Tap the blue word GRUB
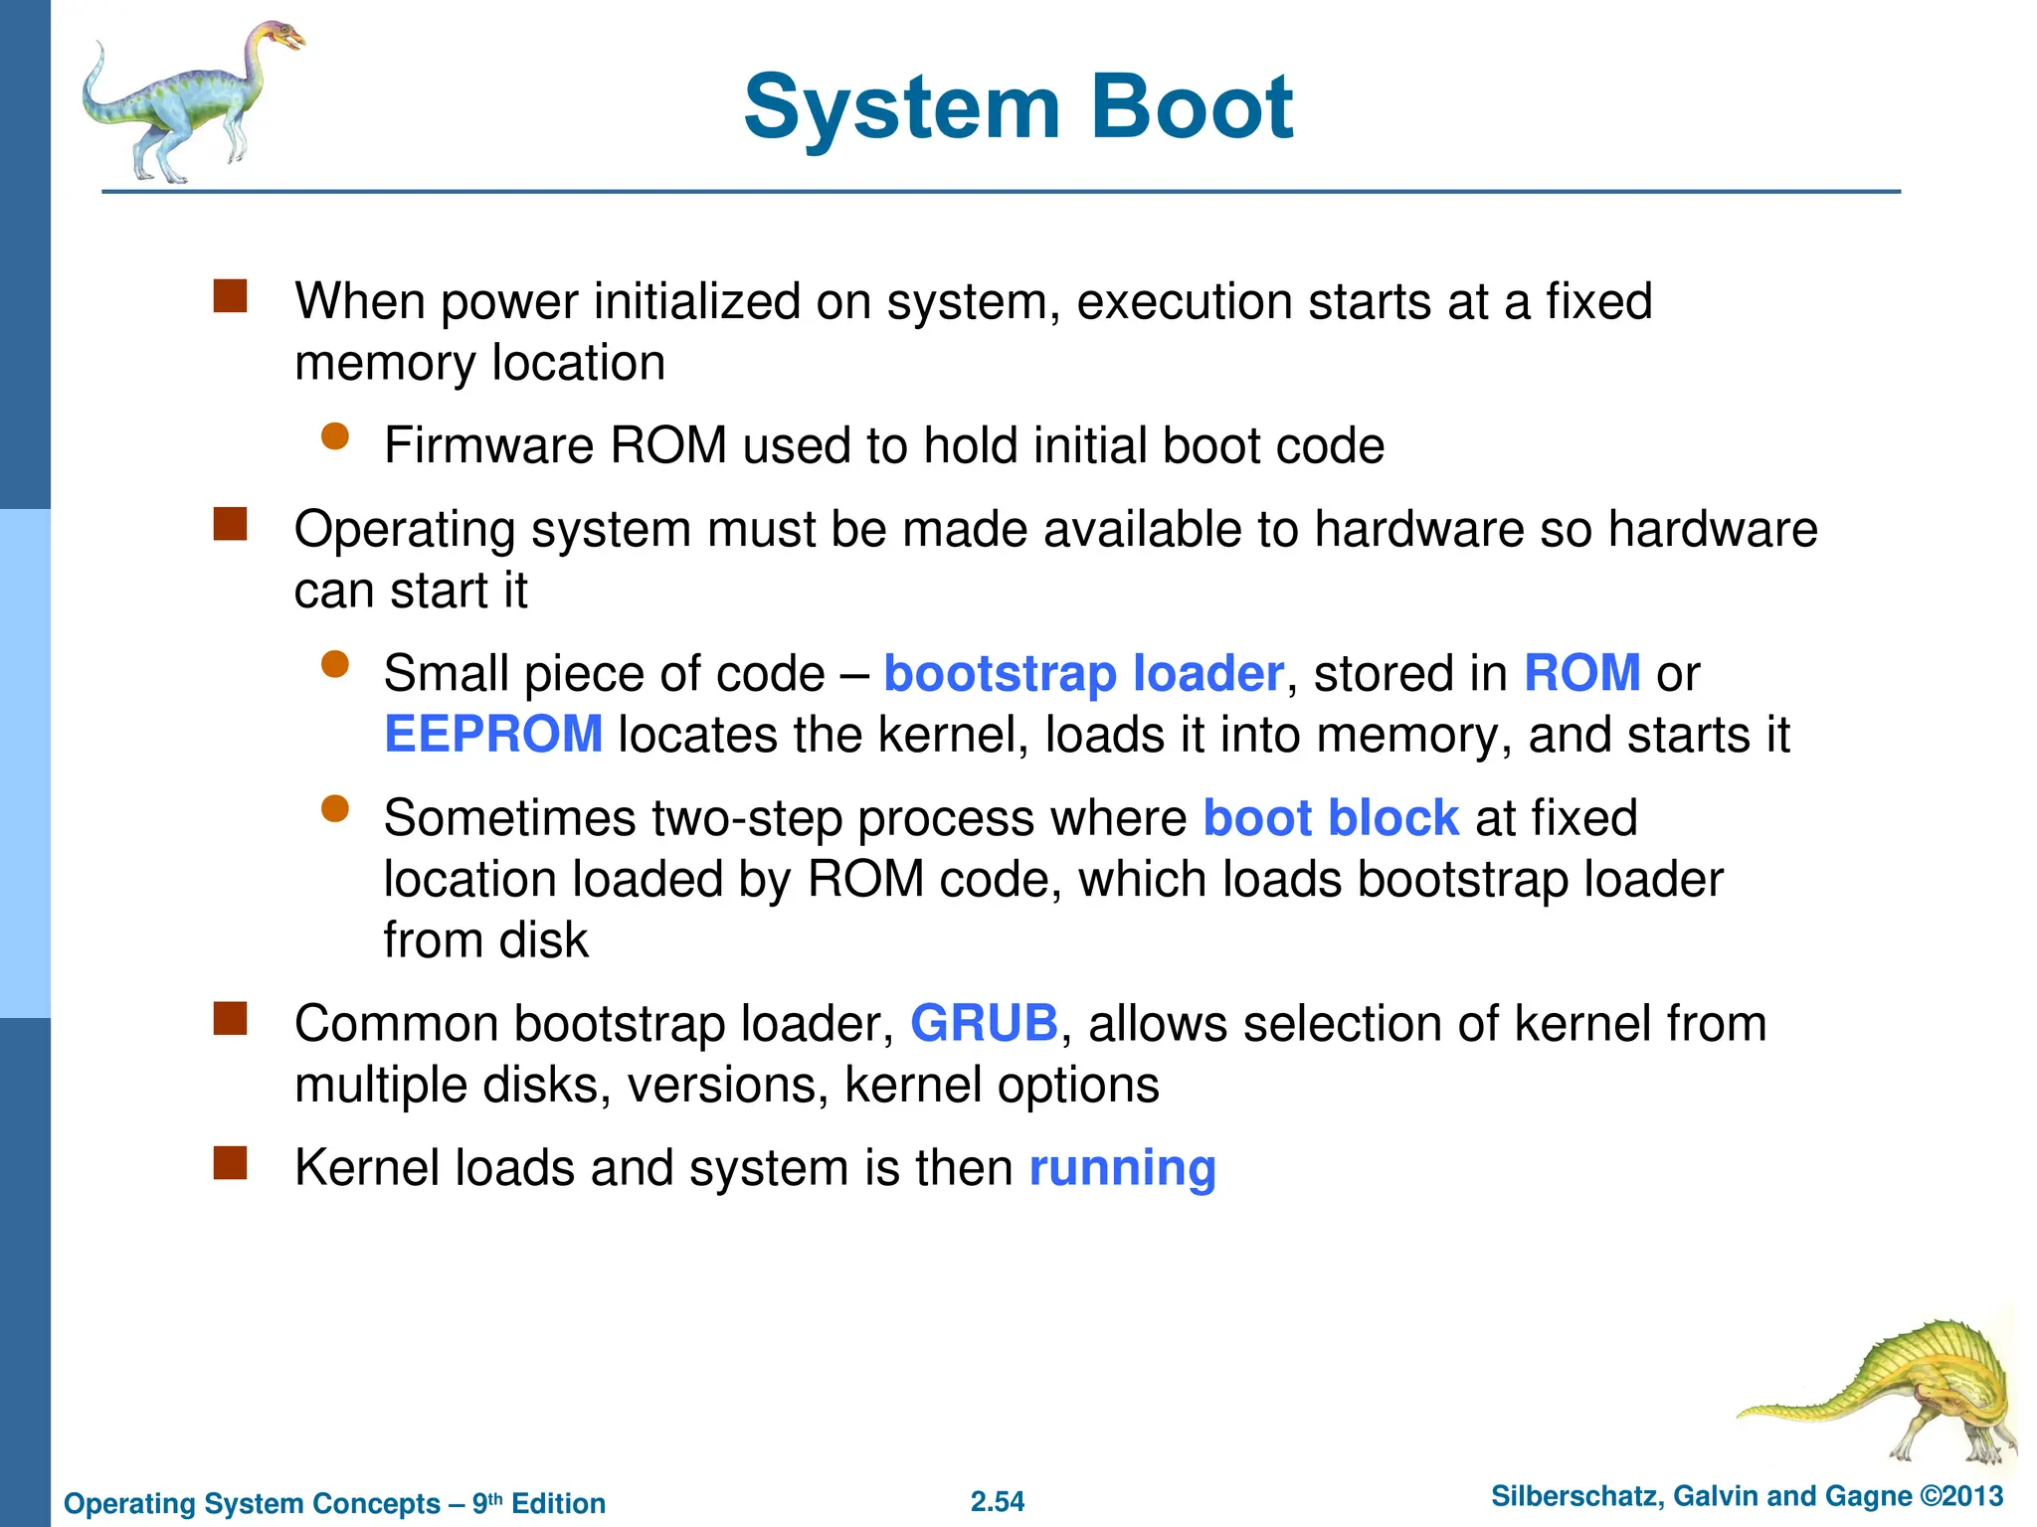click(x=984, y=1023)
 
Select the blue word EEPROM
click(x=493, y=735)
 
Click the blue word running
click(x=1122, y=1168)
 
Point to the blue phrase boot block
click(x=1331, y=818)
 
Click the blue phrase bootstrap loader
click(x=1083, y=674)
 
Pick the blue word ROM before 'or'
click(x=1581, y=673)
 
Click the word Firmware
click(x=488, y=445)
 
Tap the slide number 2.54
click(x=997, y=1501)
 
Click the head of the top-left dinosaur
click(x=281, y=38)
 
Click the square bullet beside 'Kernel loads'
click(x=230, y=1162)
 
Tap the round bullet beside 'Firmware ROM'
click(x=335, y=437)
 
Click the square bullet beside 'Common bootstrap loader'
click(x=230, y=1018)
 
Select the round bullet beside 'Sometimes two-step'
click(x=335, y=809)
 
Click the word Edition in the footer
click(x=558, y=1503)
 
